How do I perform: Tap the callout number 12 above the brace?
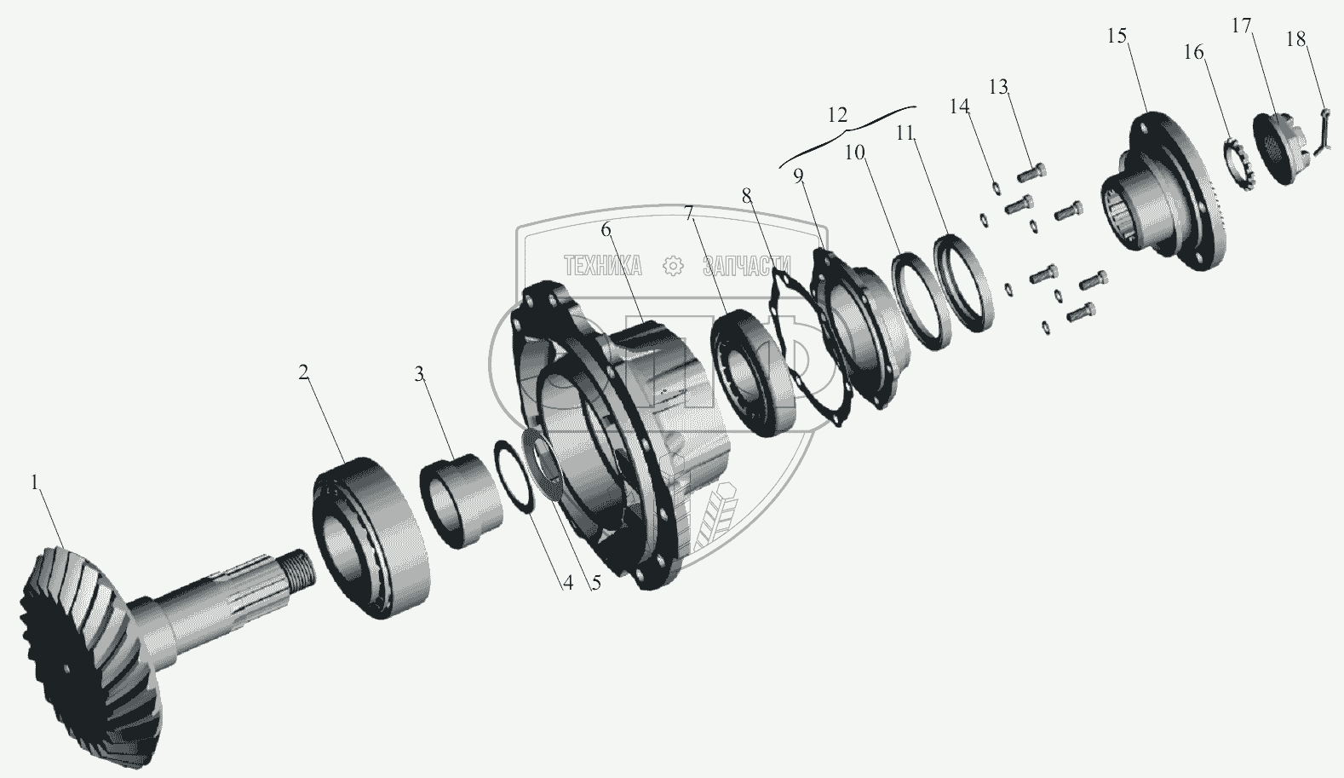click(837, 115)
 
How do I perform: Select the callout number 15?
click(1117, 36)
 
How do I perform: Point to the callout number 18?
click(1296, 39)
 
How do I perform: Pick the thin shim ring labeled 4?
click(514, 476)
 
